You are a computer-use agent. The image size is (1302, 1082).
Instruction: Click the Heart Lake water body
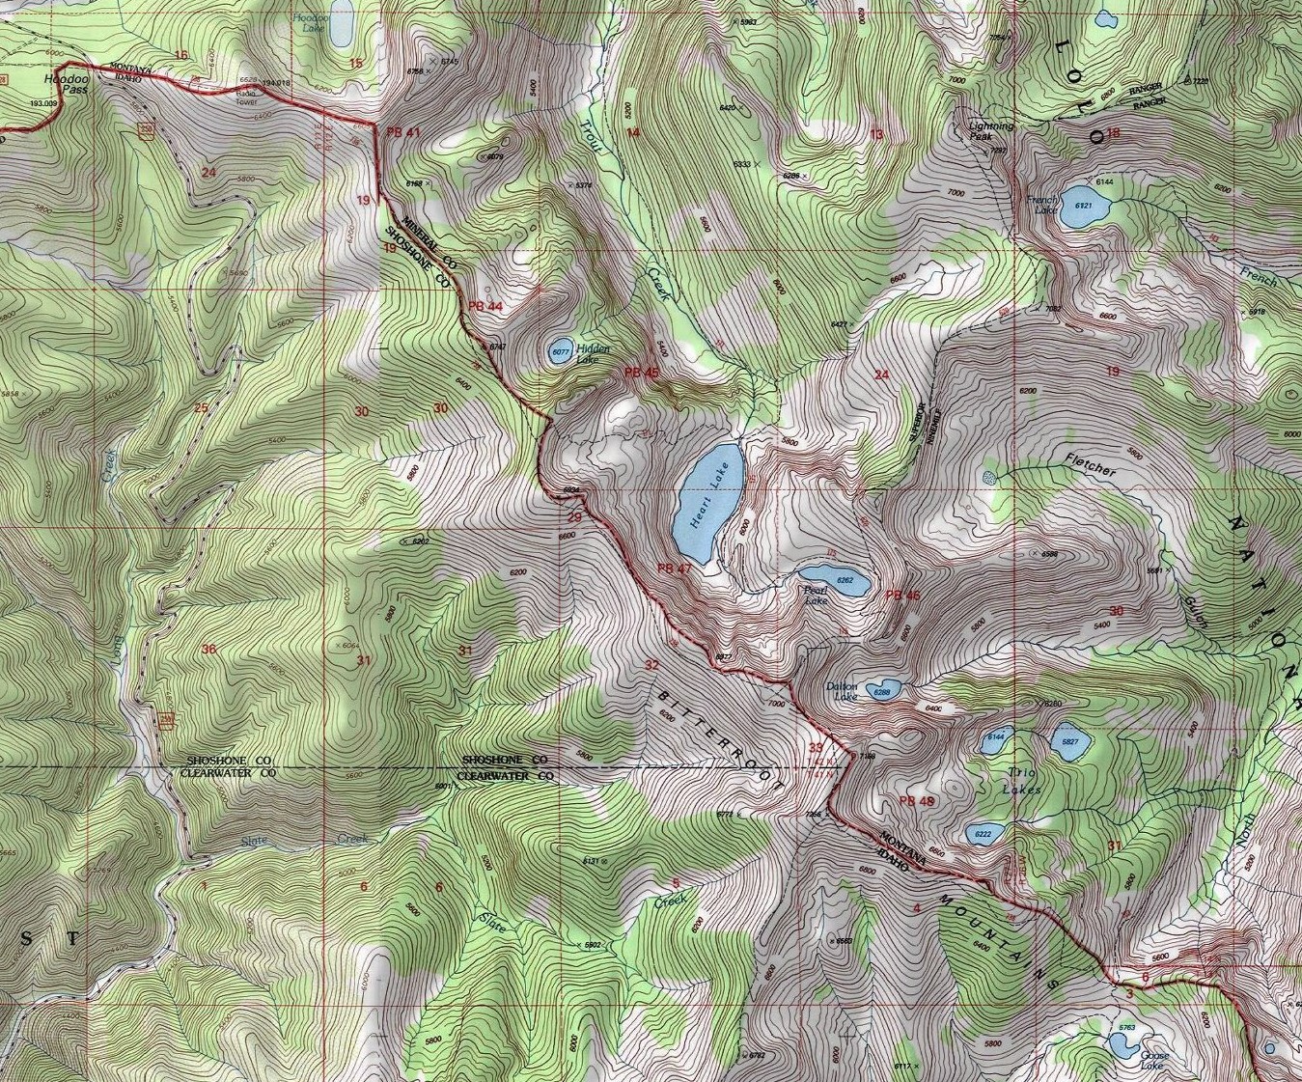click(707, 502)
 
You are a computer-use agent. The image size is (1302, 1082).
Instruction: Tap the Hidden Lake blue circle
click(559, 353)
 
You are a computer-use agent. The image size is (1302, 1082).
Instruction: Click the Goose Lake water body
click(1122, 1045)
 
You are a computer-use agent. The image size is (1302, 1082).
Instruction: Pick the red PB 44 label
click(485, 306)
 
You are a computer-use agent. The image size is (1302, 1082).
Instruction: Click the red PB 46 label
click(902, 596)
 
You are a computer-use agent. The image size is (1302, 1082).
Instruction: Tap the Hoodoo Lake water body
click(340, 29)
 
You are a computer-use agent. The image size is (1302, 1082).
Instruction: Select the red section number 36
click(208, 649)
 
